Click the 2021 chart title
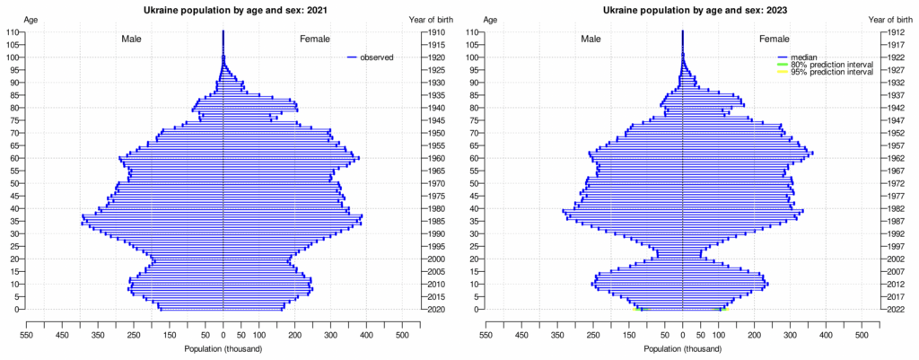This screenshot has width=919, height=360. point(223,10)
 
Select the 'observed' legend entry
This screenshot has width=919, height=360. point(377,57)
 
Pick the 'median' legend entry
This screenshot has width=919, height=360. point(804,57)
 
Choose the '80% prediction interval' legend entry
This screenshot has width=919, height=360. point(831,65)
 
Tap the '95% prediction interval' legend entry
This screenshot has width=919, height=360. point(831,72)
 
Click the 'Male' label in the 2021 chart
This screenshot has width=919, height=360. point(134,40)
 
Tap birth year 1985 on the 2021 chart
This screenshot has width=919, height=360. point(437,221)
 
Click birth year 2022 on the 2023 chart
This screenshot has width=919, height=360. point(897,310)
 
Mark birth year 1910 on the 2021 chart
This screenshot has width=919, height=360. point(437,32)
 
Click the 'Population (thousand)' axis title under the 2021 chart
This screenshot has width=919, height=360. point(223,348)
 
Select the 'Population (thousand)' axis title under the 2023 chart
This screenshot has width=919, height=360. point(682,348)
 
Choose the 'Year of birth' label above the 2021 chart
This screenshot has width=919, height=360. point(430,19)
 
